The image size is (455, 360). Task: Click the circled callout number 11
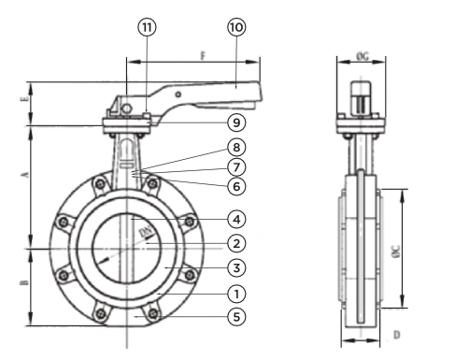tap(147, 27)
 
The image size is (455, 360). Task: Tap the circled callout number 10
tap(236, 27)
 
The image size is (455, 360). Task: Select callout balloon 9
tap(236, 122)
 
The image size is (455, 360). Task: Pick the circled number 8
tap(236, 147)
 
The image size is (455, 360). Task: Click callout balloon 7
tap(236, 167)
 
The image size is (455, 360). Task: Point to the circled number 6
tap(236, 186)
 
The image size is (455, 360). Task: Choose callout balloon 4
tap(236, 220)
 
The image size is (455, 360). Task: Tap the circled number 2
tap(236, 243)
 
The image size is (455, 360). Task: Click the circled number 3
tap(236, 267)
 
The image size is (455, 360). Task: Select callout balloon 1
tap(236, 294)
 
